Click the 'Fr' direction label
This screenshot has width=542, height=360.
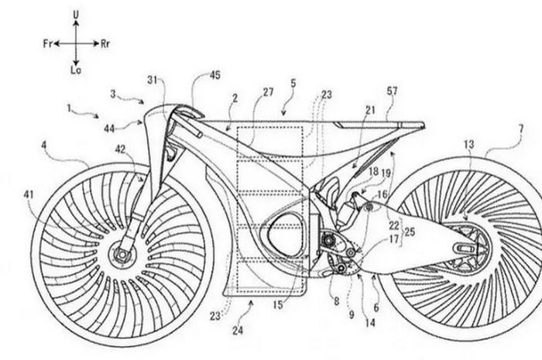pyautogui.click(x=48, y=46)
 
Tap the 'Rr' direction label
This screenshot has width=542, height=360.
pyautogui.click(x=104, y=46)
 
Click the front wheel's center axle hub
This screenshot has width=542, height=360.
pyautogui.click(x=122, y=252)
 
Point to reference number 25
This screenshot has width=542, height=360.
pyautogui.click(x=409, y=231)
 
